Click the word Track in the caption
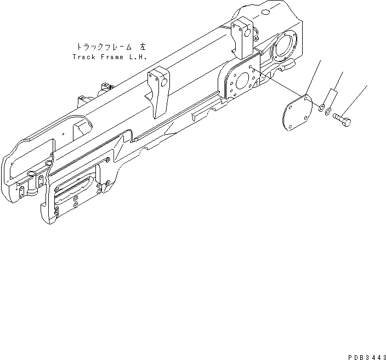[x=83, y=56]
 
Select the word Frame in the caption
[x=112, y=56]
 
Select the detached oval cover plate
[x=298, y=115]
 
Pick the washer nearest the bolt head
[x=328, y=113]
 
